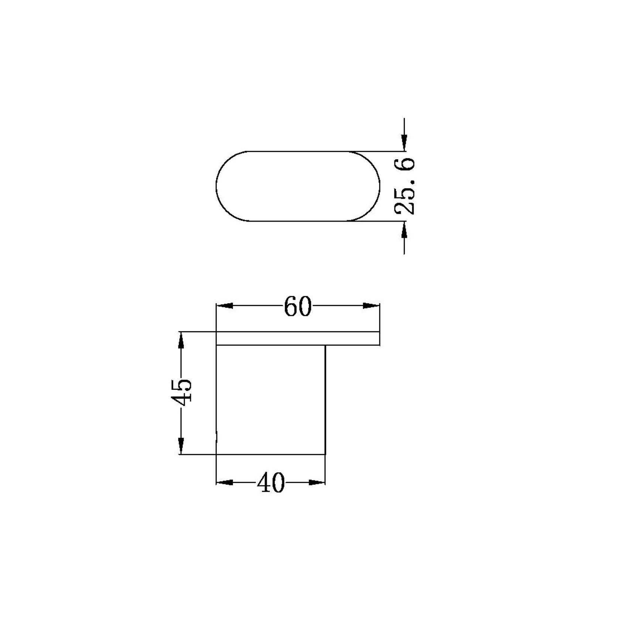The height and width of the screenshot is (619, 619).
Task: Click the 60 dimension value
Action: [x=298, y=306]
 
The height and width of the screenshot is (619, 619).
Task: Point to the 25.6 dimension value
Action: [x=405, y=186]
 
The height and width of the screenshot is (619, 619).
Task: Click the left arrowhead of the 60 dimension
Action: [x=225, y=306]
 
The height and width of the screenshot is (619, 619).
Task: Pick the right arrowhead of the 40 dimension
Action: [x=317, y=482]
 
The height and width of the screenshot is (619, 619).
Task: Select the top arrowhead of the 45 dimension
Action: [x=181, y=340]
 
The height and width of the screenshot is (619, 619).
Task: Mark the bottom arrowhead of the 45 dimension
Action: [x=181, y=446]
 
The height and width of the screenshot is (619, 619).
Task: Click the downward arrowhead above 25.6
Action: [x=404, y=142]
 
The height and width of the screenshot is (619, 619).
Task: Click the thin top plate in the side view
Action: [x=298, y=339]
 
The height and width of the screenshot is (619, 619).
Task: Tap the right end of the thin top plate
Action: [x=379, y=339]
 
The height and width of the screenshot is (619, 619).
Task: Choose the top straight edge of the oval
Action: [x=298, y=151]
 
